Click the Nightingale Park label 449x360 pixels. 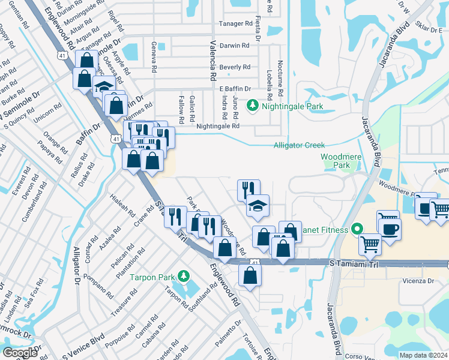[x=291, y=107]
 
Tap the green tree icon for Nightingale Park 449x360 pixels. [x=253, y=106]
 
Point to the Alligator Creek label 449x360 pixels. [x=299, y=145]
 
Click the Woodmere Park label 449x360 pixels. [x=335, y=160]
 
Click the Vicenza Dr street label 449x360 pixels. [x=418, y=281]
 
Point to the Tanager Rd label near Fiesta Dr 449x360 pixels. [x=235, y=24]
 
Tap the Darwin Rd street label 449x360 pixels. [x=235, y=46]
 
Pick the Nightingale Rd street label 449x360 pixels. [x=218, y=126]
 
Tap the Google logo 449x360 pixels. [x=20, y=353]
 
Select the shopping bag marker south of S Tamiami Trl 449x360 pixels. [x=250, y=276]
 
